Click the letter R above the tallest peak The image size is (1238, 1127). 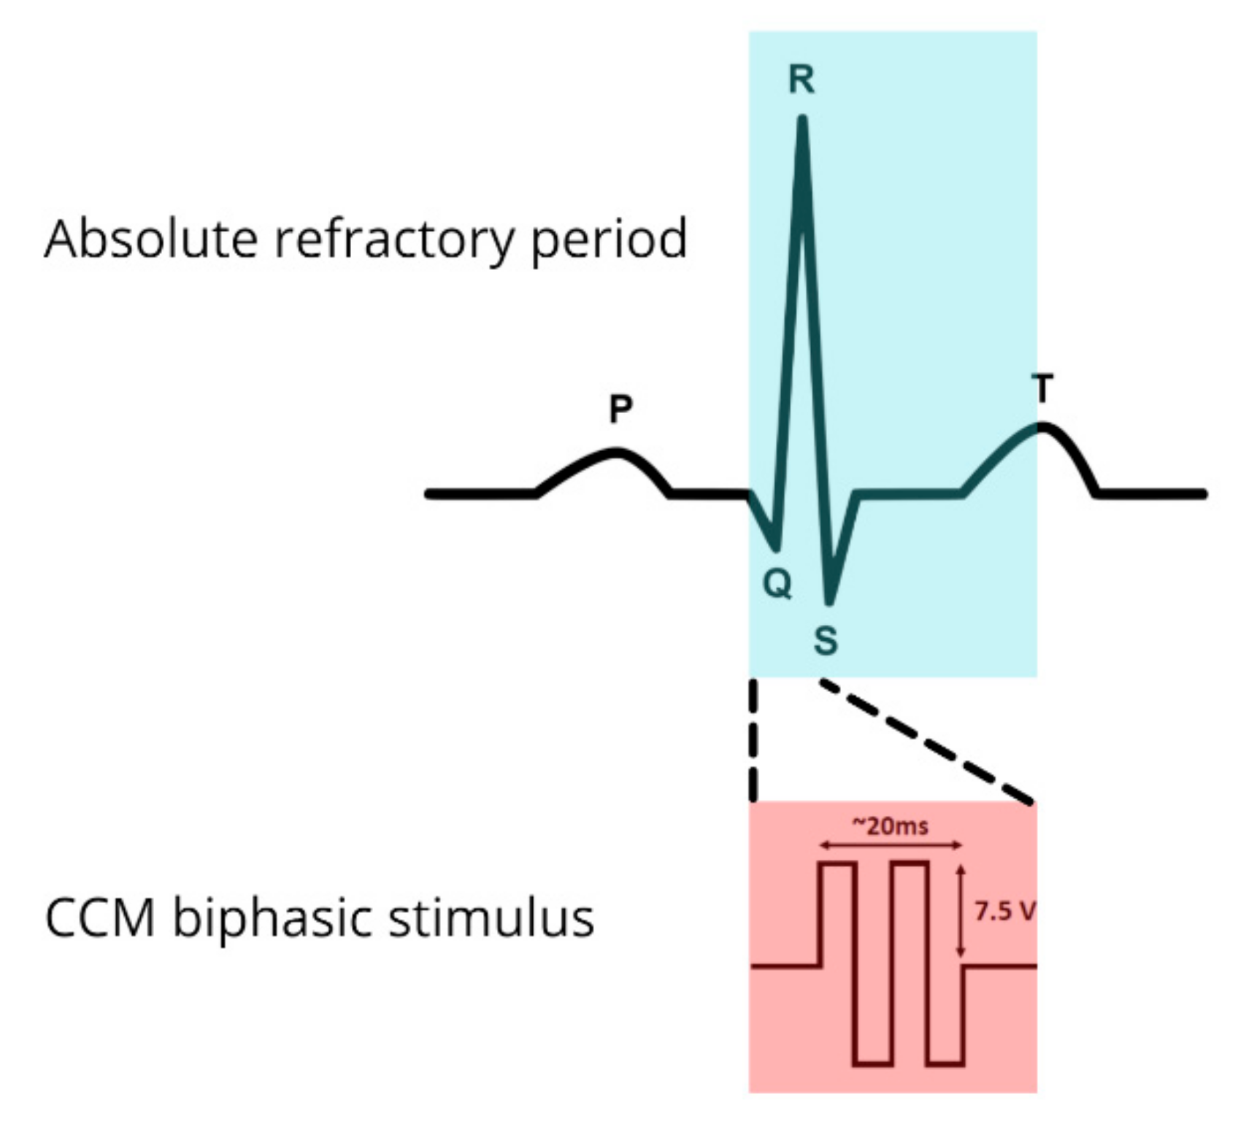[x=801, y=79]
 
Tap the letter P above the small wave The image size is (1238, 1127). [x=620, y=409]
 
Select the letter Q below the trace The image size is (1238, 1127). [x=777, y=583]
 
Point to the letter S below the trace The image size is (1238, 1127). [x=826, y=640]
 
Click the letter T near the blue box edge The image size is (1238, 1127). [x=1043, y=388]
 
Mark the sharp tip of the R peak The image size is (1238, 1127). [x=802, y=120]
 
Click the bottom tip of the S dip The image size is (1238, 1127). [x=828, y=601]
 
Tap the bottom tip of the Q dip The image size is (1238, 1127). [x=777, y=547]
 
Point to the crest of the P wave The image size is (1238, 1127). [x=617, y=453]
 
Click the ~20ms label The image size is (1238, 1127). [x=891, y=826]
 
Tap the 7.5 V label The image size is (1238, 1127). [x=1004, y=911]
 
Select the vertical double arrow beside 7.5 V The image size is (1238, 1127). [x=961, y=911]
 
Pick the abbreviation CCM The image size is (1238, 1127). [x=100, y=918]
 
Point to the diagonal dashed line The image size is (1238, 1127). [x=927, y=742]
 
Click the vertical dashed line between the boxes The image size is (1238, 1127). [x=753, y=741]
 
